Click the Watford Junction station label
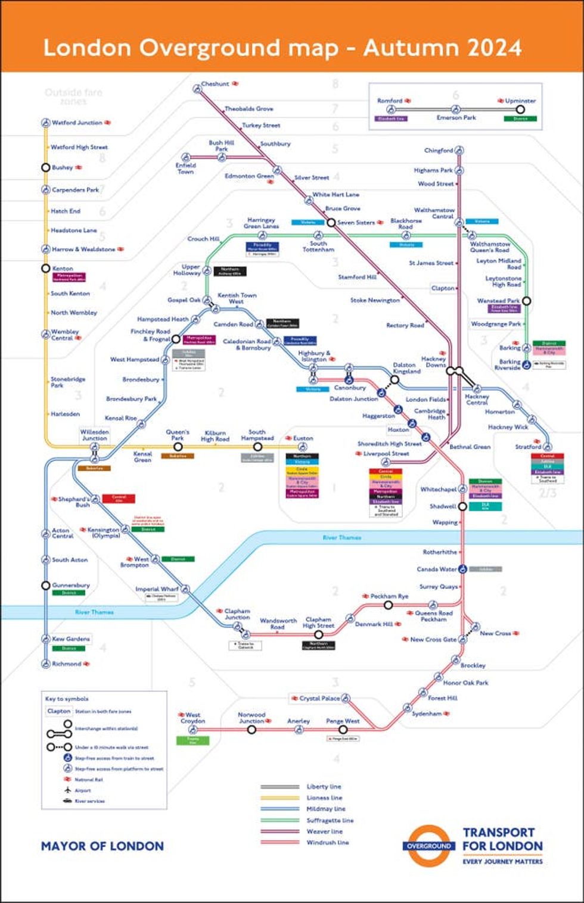[77, 123]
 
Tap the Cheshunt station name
[215, 84]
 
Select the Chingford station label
[439, 151]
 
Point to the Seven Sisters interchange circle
[331, 223]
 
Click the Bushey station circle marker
[45, 167]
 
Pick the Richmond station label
[66, 664]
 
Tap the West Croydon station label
[192, 718]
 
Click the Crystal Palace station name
[319, 698]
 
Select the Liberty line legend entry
[324, 786]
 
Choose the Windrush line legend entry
[327, 842]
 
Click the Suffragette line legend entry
[330, 820]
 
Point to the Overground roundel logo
[429, 846]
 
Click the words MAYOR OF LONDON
[102, 846]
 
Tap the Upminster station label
[520, 101]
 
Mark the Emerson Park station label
[456, 117]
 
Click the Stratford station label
[528, 446]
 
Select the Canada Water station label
[437, 569]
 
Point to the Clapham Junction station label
[237, 614]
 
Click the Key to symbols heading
[67, 699]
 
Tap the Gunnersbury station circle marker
[45, 586]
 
